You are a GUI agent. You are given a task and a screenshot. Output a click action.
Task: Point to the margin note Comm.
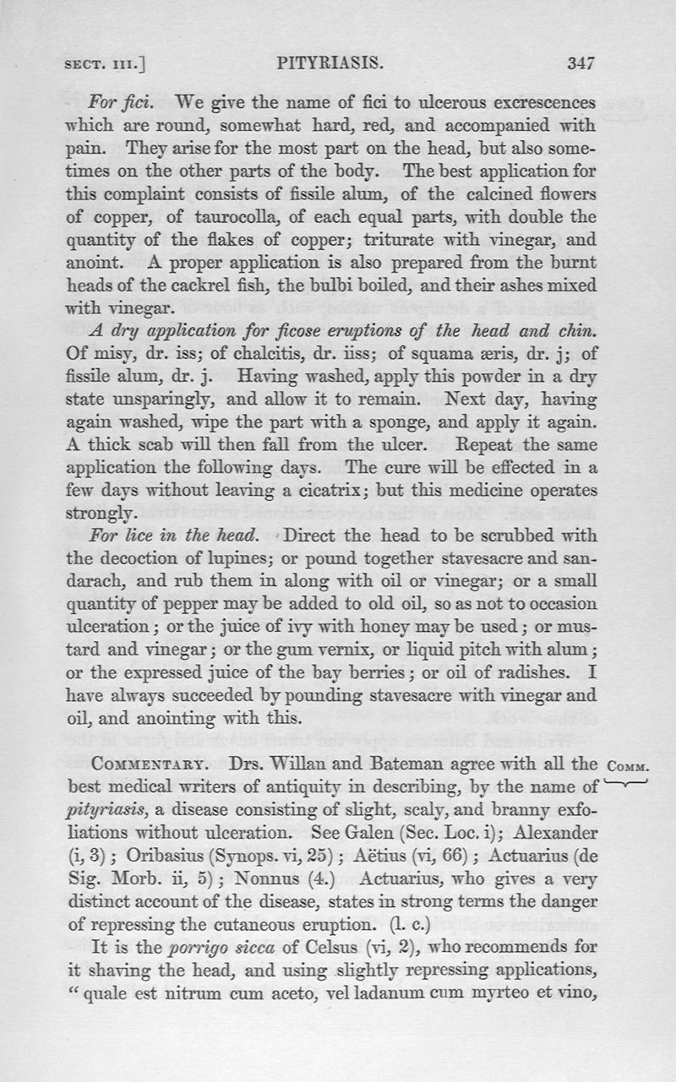click(x=626, y=766)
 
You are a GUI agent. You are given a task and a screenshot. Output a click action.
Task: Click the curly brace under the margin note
click(x=626, y=781)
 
